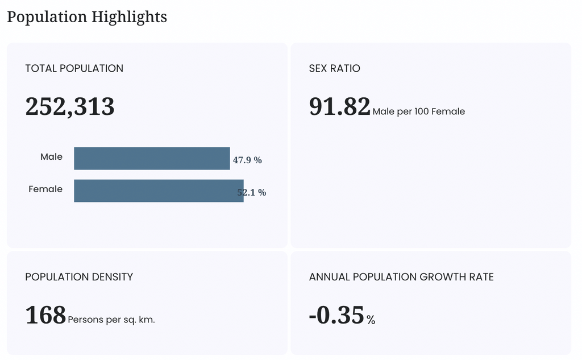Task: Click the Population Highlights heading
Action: click(87, 17)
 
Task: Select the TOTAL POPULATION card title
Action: click(74, 68)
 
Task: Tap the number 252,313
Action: click(70, 106)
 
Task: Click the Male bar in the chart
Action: click(152, 159)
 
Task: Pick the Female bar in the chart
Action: click(159, 191)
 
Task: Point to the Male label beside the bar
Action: click(51, 157)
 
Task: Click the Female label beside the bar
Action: click(45, 189)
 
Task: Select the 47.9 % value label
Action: click(248, 160)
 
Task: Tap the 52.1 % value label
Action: click(252, 192)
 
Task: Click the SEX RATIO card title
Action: click(334, 68)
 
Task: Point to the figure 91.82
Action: click(340, 106)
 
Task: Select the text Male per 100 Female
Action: click(419, 111)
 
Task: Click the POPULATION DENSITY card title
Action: click(79, 277)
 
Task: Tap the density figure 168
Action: click(45, 316)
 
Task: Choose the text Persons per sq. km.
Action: click(111, 320)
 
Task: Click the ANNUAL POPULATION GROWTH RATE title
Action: click(401, 277)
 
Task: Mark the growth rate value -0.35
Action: click(336, 316)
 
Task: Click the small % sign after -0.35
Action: click(371, 320)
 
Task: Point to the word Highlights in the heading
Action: click(129, 17)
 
